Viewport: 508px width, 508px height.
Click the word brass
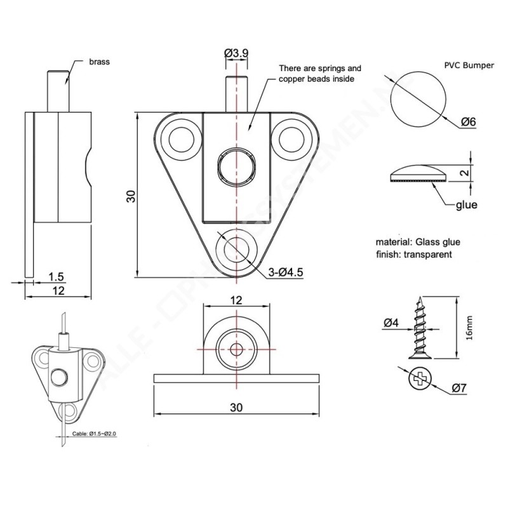point(100,62)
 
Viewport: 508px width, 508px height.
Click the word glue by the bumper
point(467,205)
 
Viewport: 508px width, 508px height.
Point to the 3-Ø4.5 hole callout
point(286,273)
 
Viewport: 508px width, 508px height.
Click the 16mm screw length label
point(469,328)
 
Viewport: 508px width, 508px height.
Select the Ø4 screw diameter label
point(391,323)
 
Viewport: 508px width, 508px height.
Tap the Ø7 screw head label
point(460,387)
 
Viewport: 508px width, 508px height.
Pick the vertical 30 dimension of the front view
point(131,195)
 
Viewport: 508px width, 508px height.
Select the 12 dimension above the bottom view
point(236,300)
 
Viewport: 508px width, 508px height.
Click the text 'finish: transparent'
point(413,254)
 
